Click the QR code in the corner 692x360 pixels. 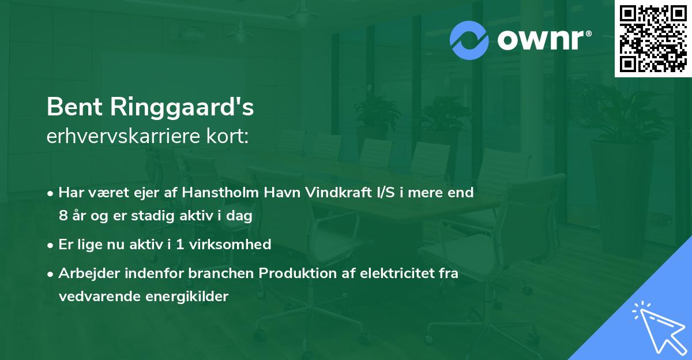coord(653,38)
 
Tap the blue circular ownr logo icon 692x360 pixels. coord(469,40)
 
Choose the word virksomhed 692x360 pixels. coord(236,245)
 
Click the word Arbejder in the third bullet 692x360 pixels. coord(85,273)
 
